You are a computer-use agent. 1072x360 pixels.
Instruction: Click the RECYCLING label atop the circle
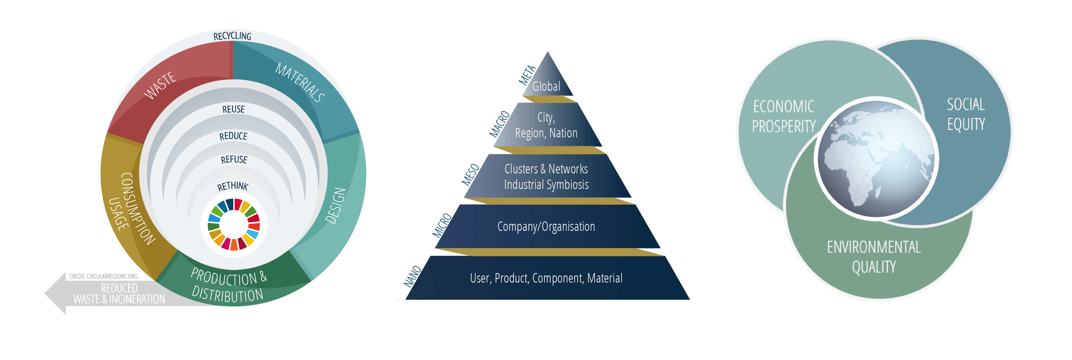point(232,36)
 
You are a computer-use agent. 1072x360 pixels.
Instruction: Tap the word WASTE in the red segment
point(160,85)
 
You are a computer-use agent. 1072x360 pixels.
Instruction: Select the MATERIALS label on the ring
point(300,83)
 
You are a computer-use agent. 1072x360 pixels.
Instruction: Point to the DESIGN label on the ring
point(335,205)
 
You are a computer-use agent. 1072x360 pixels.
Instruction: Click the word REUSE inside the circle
point(233,110)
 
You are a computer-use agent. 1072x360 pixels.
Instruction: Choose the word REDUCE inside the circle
point(233,136)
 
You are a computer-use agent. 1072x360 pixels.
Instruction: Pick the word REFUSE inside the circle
point(234,159)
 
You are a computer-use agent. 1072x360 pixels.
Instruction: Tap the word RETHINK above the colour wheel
point(232,186)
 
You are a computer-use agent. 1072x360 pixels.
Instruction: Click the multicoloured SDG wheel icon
point(234,224)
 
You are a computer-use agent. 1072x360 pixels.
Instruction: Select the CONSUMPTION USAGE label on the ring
point(131,208)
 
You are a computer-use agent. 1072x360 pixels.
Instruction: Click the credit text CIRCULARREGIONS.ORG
point(103,276)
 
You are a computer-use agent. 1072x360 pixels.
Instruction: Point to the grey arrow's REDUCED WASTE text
point(119,294)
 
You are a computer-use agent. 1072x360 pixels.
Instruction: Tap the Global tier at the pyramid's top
point(546,86)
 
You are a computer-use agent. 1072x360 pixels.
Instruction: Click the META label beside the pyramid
point(527,76)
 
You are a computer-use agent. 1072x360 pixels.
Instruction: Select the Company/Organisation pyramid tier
point(546,227)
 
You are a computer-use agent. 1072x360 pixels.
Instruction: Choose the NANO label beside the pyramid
point(413,277)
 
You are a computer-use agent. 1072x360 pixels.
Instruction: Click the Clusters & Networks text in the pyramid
point(546,169)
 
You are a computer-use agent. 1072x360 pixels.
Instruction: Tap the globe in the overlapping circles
point(876,158)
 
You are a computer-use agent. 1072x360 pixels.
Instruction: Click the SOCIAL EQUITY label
point(966,114)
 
